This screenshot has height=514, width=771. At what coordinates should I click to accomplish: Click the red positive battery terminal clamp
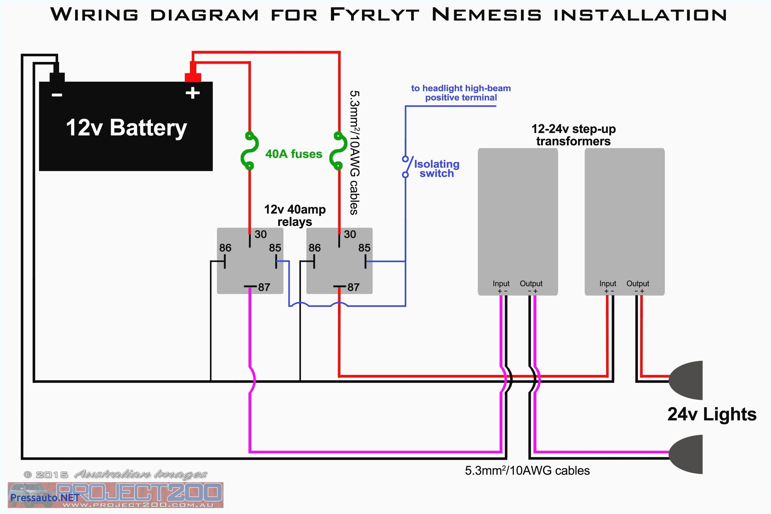point(193,77)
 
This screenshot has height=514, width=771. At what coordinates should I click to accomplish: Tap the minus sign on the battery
point(57,95)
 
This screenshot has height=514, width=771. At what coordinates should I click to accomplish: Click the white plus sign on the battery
point(192,93)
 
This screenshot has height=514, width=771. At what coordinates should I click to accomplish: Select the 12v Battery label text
point(126,128)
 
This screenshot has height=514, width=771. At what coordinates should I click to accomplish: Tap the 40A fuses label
point(293,154)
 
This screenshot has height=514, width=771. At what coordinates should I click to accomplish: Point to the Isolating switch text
point(437,169)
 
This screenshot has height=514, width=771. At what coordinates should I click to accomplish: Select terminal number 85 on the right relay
point(364,248)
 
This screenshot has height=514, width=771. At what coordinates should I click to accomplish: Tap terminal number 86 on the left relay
point(225,248)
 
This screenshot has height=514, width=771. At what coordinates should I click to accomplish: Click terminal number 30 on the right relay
point(350,234)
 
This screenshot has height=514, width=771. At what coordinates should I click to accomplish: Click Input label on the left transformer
point(501,283)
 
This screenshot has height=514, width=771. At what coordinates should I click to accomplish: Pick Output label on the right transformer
point(638,283)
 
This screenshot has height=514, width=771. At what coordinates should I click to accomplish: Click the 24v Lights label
point(712,414)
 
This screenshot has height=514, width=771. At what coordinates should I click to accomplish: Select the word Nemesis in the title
point(487,15)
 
